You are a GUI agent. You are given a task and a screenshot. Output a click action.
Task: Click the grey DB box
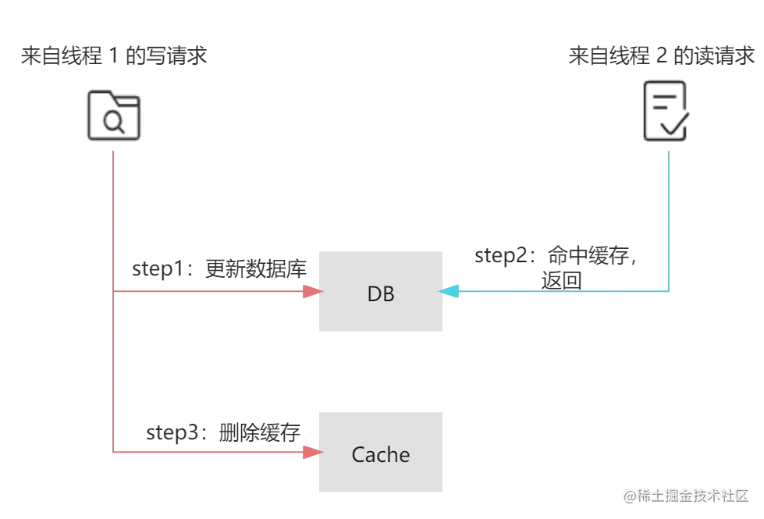point(380,293)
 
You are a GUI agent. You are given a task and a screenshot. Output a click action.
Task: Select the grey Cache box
point(380,453)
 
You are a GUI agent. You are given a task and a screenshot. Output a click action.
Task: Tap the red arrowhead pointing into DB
point(313,292)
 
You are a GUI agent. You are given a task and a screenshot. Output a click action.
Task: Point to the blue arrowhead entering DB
point(450,292)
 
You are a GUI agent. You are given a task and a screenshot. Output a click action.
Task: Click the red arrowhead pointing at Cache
point(313,453)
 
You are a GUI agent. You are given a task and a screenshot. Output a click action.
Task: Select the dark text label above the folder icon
point(115,57)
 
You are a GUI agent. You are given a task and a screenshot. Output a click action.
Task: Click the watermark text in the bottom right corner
point(685,495)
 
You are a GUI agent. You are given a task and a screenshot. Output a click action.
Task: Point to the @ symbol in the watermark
point(628,495)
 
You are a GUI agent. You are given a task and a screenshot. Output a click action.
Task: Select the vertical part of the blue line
point(671,219)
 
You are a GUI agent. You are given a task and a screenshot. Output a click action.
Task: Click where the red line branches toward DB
point(115,292)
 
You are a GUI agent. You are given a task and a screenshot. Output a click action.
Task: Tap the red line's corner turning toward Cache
point(115,453)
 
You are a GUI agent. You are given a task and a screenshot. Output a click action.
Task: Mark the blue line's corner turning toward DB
point(671,291)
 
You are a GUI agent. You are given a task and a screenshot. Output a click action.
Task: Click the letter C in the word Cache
point(358,454)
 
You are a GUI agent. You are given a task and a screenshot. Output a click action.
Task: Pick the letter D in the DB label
point(373,294)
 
